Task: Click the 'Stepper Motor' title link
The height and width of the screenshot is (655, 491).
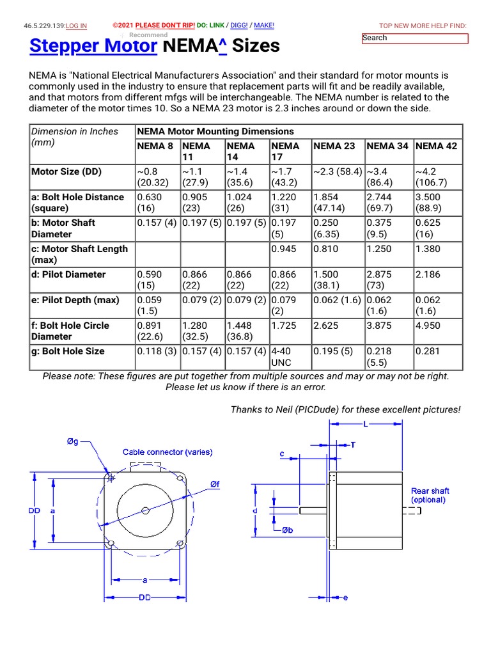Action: (93, 46)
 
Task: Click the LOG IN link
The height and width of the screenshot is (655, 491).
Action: (76, 26)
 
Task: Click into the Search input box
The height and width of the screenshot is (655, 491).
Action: (415, 38)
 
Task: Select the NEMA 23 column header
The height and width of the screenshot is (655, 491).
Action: (334, 146)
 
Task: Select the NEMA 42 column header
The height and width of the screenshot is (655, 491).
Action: (437, 146)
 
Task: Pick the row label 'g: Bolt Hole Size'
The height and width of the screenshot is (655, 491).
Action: (68, 351)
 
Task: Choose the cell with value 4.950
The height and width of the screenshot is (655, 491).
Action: (428, 326)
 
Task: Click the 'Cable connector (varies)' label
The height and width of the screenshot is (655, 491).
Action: (168, 452)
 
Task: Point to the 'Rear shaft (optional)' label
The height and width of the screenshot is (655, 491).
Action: (430, 495)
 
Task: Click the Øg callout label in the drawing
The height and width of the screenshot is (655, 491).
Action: (74, 441)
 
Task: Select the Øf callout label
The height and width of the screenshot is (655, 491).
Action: (215, 485)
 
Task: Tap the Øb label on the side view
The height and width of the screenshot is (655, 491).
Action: (288, 530)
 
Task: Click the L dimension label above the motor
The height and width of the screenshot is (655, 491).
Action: (365, 424)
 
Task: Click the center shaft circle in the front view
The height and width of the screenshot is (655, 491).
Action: (146, 510)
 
